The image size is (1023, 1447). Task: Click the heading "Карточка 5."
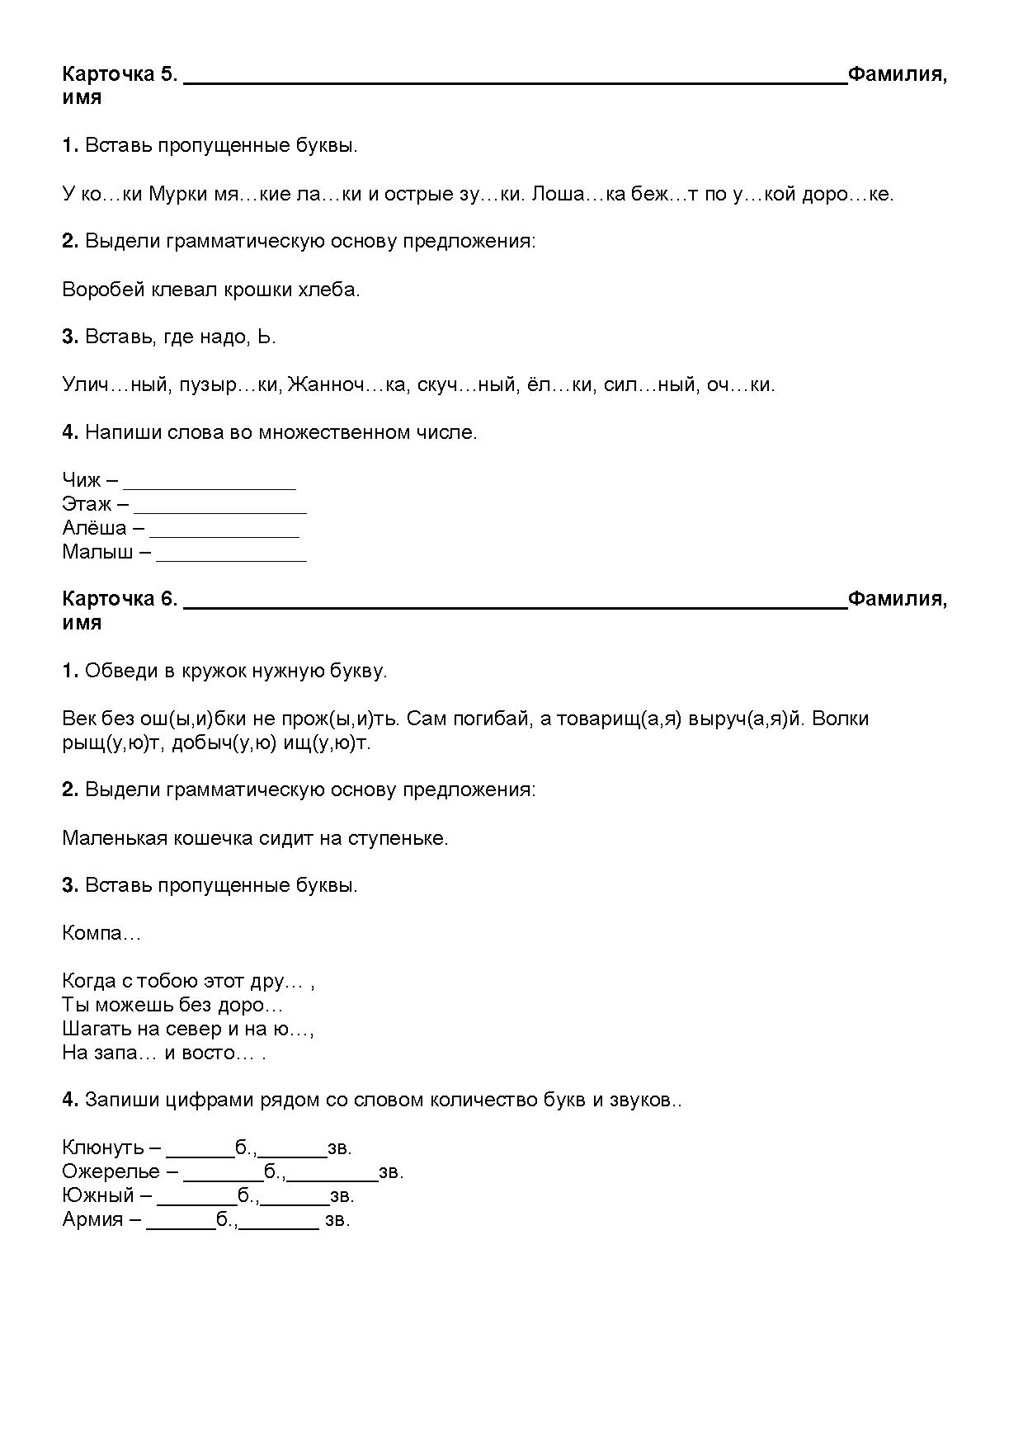coord(120,74)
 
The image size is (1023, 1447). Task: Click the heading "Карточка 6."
coord(120,599)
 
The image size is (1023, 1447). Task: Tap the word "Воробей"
coord(102,290)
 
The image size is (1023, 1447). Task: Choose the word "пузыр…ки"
coord(229,384)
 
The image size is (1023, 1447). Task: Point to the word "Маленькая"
coord(114,838)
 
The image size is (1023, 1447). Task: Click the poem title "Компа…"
coord(101,934)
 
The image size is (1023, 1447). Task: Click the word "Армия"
coord(92,1219)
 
